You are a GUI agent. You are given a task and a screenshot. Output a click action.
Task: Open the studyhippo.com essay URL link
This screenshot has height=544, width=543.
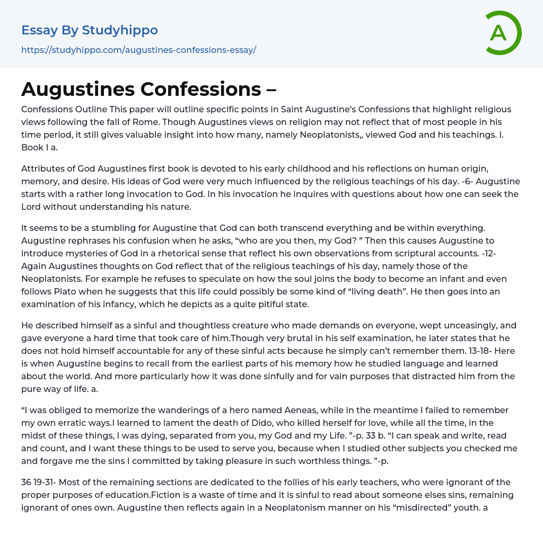coord(138,50)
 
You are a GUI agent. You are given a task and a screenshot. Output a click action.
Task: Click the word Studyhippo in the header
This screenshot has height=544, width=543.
coord(120,30)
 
